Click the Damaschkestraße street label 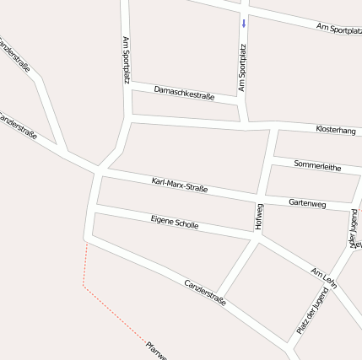coord(184,93)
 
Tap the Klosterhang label coord(336,130)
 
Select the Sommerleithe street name coord(317,165)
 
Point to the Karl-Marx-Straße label coord(180,185)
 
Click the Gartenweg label coord(307,203)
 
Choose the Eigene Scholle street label coord(175,223)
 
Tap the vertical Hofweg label coord(259,217)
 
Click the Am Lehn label coord(323,277)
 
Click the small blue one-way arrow coord(244,23)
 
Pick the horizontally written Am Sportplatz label coord(338,29)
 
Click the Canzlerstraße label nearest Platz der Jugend coord(205,292)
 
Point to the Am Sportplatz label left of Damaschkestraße coord(127,60)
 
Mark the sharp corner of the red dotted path coord(83,285)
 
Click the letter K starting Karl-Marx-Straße coord(154,180)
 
